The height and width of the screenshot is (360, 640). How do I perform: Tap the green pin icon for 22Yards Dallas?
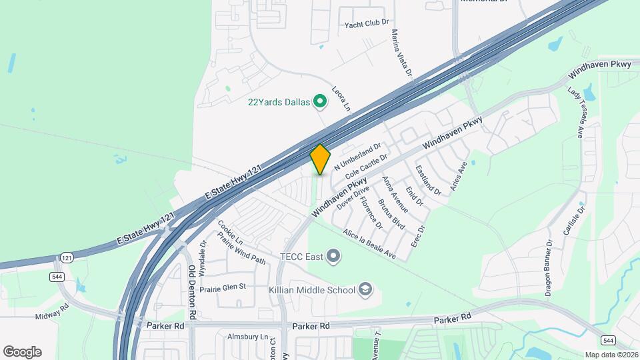pos(320,102)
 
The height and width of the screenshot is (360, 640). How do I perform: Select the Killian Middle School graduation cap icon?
pos(365,289)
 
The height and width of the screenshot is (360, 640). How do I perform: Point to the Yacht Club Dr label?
pos(366,24)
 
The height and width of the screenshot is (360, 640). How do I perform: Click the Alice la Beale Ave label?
pos(369,244)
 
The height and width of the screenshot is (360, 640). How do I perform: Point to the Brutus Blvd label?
pos(391,214)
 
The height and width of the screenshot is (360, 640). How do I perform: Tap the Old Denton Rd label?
pos(192,291)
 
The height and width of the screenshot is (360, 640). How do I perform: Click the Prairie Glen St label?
pos(220,287)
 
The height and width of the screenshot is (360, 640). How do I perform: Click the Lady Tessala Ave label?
pos(576,111)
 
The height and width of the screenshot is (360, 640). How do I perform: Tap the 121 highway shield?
pos(66,257)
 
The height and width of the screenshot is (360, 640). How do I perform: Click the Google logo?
pos(22,351)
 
